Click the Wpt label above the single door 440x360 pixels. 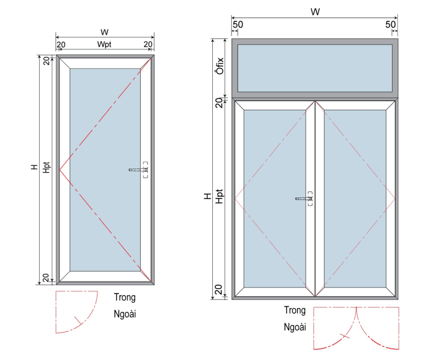[x=105, y=45]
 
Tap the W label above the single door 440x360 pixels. [x=105, y=32]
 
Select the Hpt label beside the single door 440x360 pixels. [x=46, y=168]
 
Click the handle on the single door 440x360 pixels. [x=139, y=170]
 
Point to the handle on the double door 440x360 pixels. [x=304, y=198]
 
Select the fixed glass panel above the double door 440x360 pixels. [x=315, y=68]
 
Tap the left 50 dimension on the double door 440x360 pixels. [x=238, y=24]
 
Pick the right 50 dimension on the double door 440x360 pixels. [x=391, y=24]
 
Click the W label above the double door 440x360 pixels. [x=315, y=12]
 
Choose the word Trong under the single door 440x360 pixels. [x=125, y=297]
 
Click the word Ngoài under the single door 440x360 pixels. [x=125, y=314]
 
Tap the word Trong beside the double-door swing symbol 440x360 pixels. [x=295, y=310]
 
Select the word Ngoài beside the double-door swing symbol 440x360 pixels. [x=295, y=327]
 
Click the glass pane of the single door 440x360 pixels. [x=105, y=170]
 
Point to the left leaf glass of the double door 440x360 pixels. [x=274, y=198]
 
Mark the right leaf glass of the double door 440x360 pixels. [x=355, y=198]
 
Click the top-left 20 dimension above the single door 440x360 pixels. [x=61, y=45]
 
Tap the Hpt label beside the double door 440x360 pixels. [x=219, y=196]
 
